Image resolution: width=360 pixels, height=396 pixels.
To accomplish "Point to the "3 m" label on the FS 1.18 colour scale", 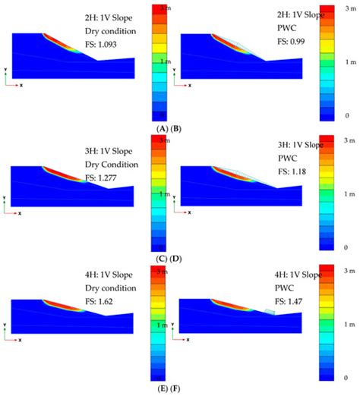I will (349, 140).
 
